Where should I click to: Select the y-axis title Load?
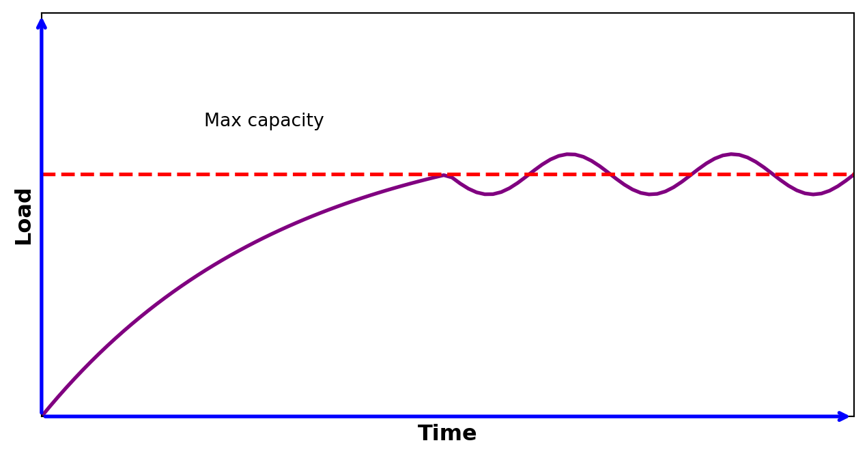tap(24, 216)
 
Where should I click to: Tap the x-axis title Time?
tap(447, 433)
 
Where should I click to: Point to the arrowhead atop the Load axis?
tap(42, 23)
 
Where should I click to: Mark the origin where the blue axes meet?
tap(42, 416)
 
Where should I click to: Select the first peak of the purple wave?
tap(569, 154)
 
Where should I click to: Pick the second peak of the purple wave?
tap(733, 154)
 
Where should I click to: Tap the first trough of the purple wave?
tap(488, 194)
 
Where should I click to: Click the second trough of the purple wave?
tap(651, 194)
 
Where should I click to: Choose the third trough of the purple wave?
tap(813, 194)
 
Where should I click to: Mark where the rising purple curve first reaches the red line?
tap(444, 175)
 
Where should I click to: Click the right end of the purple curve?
tap(853, 175)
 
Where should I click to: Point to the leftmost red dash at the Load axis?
tap(49, 174)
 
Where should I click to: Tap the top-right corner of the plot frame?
tap(853, 13)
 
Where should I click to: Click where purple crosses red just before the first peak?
tap(528, 174)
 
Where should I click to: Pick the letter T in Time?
tap(425, 433)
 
